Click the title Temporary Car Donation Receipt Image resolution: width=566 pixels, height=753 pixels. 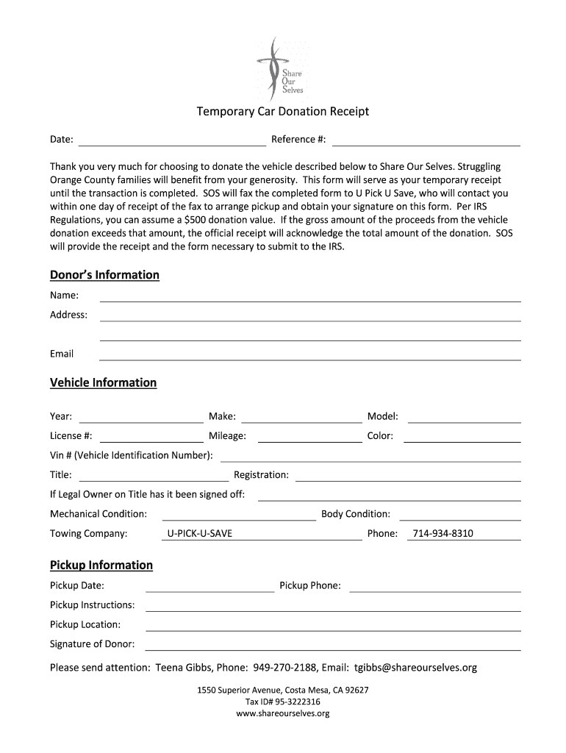click(282, 112)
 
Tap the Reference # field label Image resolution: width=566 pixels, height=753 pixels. click(298, 140)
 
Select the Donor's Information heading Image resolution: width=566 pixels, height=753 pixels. click(104, 275)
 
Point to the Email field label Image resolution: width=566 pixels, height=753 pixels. click(62, 354)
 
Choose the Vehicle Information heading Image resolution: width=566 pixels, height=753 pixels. click(103, 382)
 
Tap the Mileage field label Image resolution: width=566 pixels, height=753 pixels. click(227, 436)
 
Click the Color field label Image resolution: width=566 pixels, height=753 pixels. click(380, 436)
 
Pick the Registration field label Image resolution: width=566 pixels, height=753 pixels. click(261, 475)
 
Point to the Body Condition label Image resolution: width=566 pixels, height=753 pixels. click(356, 514)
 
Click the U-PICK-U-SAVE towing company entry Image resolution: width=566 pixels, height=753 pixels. click(200, 533)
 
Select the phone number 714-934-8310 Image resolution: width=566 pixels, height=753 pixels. click(443, 533)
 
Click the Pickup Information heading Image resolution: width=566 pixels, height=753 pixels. click(101, 565)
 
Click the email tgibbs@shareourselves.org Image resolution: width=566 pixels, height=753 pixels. click(415, 668)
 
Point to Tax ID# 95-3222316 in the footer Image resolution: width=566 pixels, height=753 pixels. click(282, 702)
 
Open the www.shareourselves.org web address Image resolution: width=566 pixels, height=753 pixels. click(282, 713)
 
